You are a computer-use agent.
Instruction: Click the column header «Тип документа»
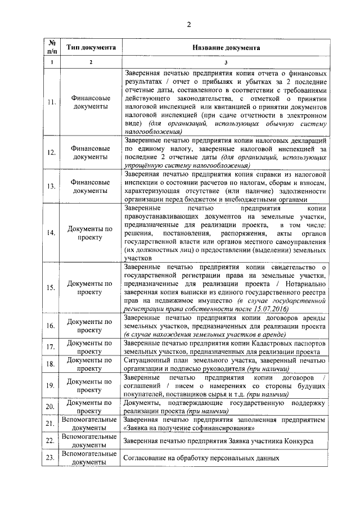coord(91,48)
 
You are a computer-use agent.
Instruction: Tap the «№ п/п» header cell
coord(51,48)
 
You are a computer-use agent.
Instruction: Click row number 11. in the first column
coord(51,102)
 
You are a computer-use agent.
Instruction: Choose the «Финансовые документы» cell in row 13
coord(91,187)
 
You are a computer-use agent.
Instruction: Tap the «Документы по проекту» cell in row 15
coord(91,288)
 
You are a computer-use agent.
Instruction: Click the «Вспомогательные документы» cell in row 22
coord(91,440)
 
